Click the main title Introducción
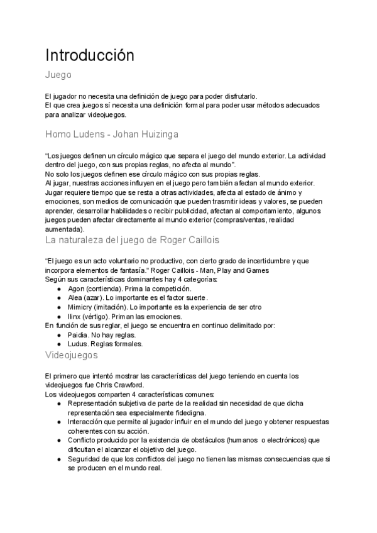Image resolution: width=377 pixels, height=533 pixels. [x=90, y=55]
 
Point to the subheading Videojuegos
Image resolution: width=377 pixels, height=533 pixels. [x=72, y=355]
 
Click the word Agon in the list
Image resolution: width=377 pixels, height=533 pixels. [x=75, y=288]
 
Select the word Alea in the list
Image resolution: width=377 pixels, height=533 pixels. [x=75, y=297]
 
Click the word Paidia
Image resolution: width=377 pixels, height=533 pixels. [x=77, y=335]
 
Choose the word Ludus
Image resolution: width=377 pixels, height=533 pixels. [x=77, y=344]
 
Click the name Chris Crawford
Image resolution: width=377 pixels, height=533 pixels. [x=126, y=385]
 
